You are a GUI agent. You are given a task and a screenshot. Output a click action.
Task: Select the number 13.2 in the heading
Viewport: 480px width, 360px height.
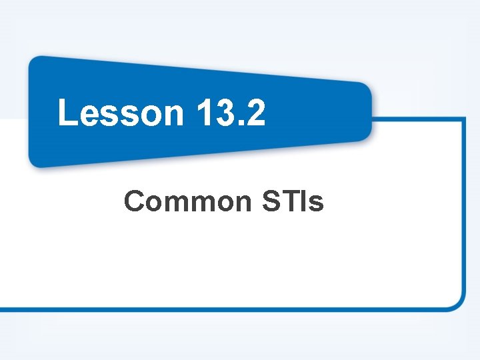click(x=231, y=112)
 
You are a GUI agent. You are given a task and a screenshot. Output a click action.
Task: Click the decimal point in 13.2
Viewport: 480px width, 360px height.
click(x=239, y=123)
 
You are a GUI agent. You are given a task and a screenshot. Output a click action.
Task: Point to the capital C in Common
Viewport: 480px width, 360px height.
click(x=134, y=201)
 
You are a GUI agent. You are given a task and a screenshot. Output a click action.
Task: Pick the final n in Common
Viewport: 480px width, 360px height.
click(x=239, y=203)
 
